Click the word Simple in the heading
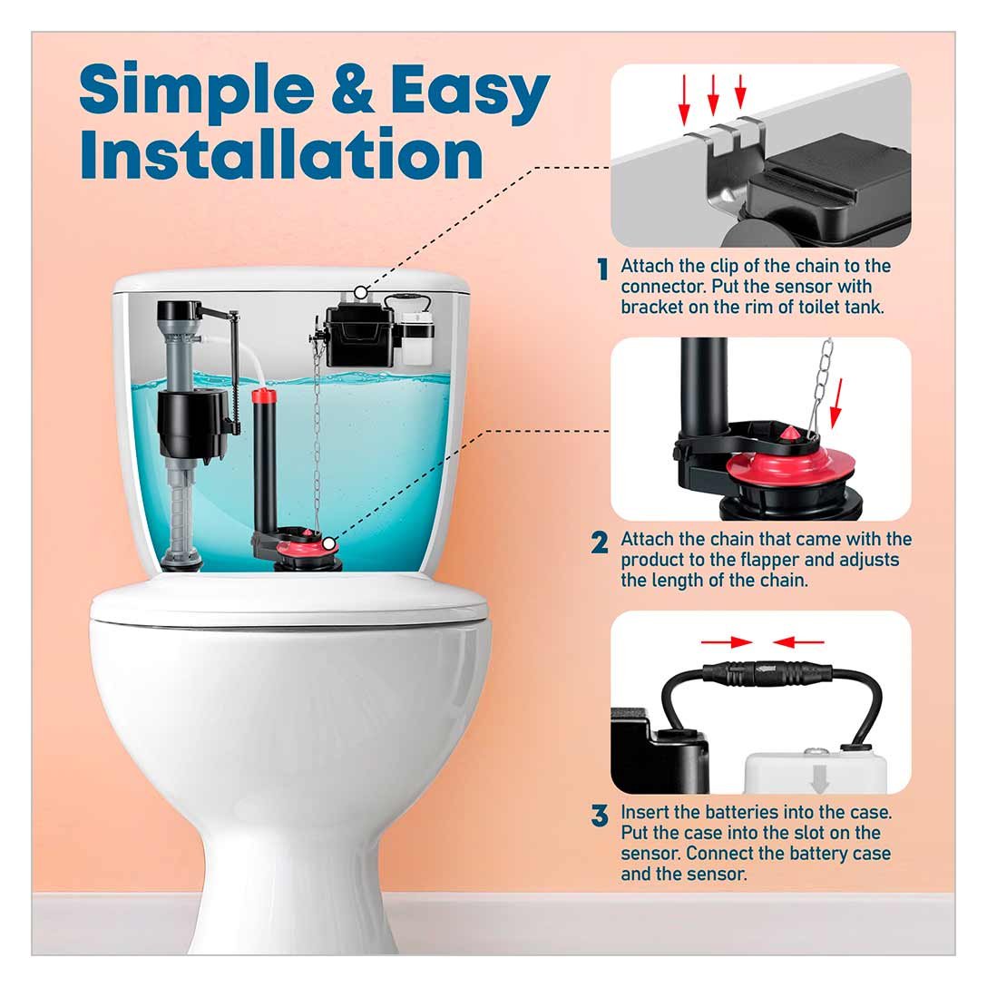pyautogui.click(x=196, y=88)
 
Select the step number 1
pyautogui.click(x=602, y=269)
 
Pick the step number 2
pyautogui.click(x=600, y=542)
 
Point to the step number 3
pyautogui.click(x=600, y=816)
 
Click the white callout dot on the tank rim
pyautogui.click(x=360, y=292)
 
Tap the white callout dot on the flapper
pyautogui.click(x=328, y=543)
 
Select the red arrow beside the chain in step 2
pyautogui.click(x=836, y=403)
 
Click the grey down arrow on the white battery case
pyautogui.click(x=819, y=779)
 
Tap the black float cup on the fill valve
pyautogui.click(x=193, y=423)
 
